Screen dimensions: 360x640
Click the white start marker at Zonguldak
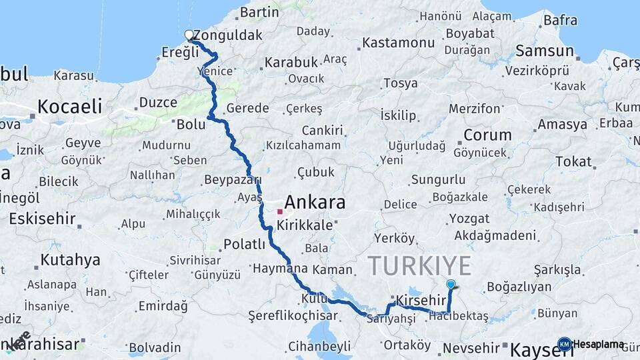pos(189,35)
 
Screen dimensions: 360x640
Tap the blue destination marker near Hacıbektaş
pos(451,285)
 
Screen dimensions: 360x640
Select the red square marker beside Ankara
pos(280,211)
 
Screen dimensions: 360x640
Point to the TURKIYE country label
pos(419,265)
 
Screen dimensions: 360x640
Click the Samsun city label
pos(544,51)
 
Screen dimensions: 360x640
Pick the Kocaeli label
pos(69,106)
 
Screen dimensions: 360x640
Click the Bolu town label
pos(191,123)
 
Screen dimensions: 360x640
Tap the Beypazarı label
pos(232,181)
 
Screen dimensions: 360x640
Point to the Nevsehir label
pos(471,347)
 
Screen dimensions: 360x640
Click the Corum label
pos(487,135)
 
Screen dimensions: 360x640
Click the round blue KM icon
pos(564,344)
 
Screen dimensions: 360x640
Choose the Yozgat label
pos(469,218)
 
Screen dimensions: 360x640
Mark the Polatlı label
pos(245,244)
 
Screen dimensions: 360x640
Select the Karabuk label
pos(291,62)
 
